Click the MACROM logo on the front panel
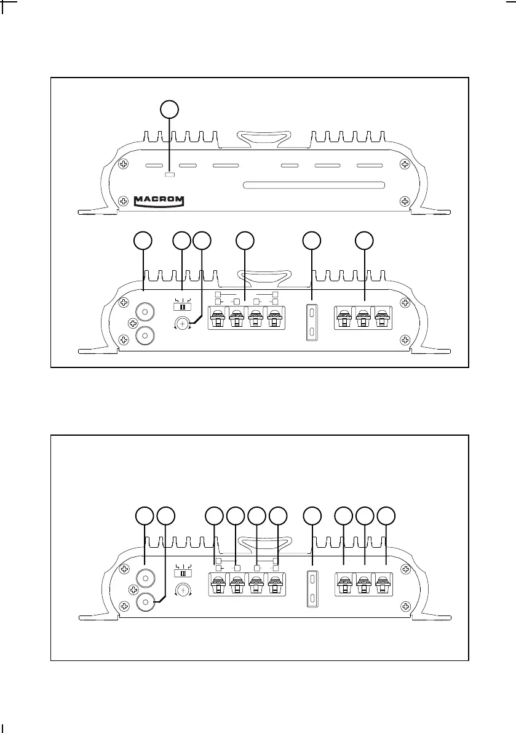[159, 201]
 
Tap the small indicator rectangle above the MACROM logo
[170, 176]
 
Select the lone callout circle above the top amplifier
[170, 110]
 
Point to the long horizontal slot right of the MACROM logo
[314, 185]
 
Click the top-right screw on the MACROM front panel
[404, 164]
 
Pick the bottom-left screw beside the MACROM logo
[124, 201]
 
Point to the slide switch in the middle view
[182, 306]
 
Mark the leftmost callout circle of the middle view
[144, 241]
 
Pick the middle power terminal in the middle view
[364, 322]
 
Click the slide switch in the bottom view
[182, 572]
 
